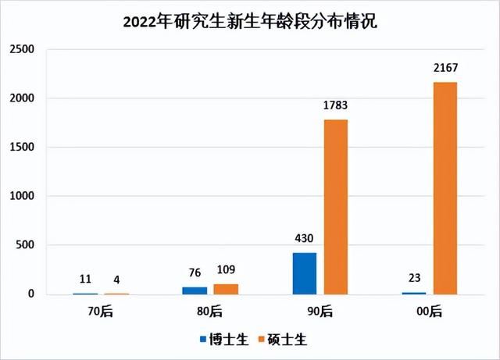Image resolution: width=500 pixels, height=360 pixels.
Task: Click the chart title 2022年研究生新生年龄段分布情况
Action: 250,21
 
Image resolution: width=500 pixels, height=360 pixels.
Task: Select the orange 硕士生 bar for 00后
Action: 445,188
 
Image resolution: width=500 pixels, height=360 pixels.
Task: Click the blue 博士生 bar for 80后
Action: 195,290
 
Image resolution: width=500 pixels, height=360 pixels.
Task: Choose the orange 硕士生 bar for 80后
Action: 226,289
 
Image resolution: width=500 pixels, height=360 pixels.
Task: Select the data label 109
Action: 227,272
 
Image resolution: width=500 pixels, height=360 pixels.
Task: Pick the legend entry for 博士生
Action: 223,340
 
